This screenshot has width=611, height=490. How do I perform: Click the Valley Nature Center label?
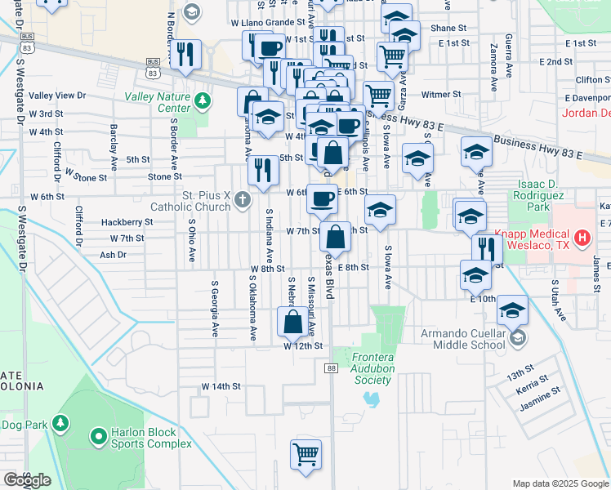pos(157,102)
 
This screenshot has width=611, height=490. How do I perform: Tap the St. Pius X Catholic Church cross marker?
pos(242,199)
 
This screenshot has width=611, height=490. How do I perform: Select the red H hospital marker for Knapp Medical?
pos(582,238)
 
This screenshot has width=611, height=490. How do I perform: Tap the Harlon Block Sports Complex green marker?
pos(99,438)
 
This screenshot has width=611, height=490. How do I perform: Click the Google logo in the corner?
pos(26,479)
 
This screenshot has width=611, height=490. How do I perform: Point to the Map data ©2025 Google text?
pos(560,483)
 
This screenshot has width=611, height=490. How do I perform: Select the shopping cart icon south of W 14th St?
pos(305,453)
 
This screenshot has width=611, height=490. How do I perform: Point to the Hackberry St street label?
pos(127,222)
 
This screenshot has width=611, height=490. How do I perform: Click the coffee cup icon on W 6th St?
pos(322,198)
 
